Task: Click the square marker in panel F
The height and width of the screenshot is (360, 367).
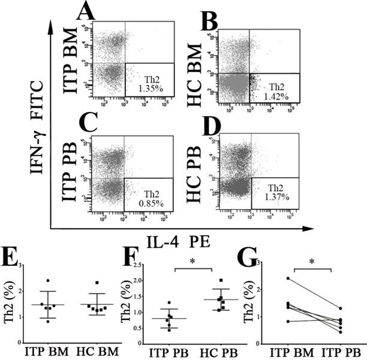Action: point(222,280)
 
